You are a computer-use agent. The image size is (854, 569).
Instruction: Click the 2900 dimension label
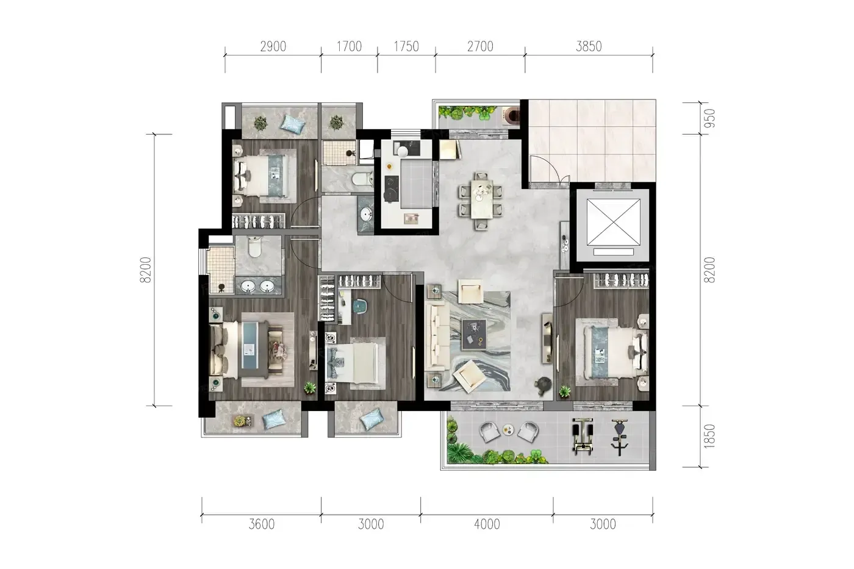click(x=273, y=46)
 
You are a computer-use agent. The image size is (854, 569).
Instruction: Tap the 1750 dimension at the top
click(x=406, y=46)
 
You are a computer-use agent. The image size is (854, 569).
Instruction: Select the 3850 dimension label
click(x=589, y=46)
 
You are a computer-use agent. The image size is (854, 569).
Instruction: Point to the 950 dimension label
click(x=709, y=118)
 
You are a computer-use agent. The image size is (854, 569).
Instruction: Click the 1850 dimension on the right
click(x=709, y=436)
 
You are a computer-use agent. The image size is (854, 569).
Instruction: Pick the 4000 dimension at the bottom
click(x=487, y=524)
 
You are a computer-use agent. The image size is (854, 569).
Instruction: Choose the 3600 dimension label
click(x=262, y=524)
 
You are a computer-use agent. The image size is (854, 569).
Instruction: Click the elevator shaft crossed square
click(x=613, y=222)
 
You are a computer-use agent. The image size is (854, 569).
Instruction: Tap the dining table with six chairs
click(x=481, y=201)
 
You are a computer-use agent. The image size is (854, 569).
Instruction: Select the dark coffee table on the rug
click(x=474, y=335)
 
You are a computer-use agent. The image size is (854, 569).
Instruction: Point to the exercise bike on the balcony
click(x=620, y=437)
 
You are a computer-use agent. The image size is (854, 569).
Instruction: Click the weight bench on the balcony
click(x=583, y=437)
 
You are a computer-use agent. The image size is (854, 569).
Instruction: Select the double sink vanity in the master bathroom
click(x=259, y=285)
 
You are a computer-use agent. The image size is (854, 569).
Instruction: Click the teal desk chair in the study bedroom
click(x=359, y=307)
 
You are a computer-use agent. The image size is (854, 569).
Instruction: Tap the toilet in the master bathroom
click(x=254, y=246)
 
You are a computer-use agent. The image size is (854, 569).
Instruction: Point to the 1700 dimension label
click(x=349, y=46)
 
